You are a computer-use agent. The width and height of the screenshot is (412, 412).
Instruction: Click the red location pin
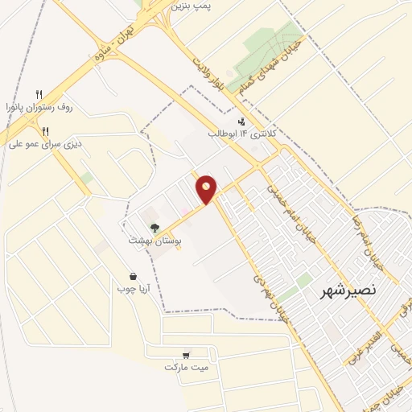(x=207, y=188)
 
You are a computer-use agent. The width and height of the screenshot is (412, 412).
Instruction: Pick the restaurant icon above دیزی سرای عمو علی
(x=46, y=131)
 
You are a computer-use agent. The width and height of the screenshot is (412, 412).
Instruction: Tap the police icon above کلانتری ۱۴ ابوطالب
(x=241, y=121)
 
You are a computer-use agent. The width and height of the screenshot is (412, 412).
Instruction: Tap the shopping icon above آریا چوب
(x=132, y=276)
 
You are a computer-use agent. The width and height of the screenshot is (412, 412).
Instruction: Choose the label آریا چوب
(x=132, y=288)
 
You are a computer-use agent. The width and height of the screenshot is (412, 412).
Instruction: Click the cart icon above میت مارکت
(x=186, y=355)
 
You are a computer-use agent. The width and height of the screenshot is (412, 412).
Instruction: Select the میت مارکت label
(x=186, y=367)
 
